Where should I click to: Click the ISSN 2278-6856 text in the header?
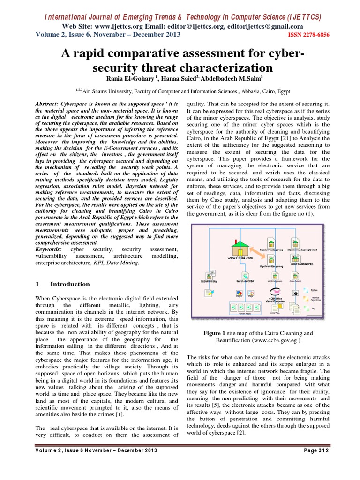pyautogui.click(x=308, y=35)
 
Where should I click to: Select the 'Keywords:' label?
pyautogui.click(x=50, y=250)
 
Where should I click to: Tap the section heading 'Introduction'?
pyautogui.click(x=70, y=284)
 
